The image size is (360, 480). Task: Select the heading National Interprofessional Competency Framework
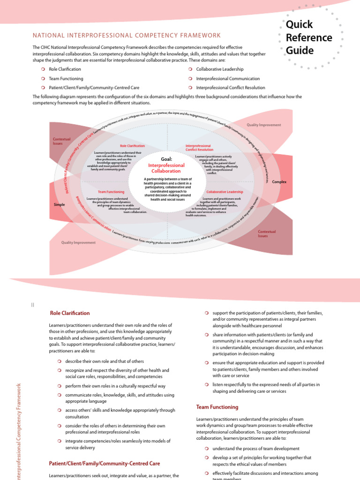pyautogui.click(x=126, y=36)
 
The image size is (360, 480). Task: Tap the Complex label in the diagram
pyautogui.click(x=279, y=182)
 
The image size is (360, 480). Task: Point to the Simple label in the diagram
pyautogui.click(x=60, y=205)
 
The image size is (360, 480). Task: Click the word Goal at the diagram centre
pyautogui.click(x=166, y=159)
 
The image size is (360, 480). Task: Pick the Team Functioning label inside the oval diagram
pyautogui.click(x=111, y=192)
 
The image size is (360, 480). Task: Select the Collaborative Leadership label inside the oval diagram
pyautogui.click(x=225, y=192)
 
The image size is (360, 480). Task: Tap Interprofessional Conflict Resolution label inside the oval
pyautogui.click(x=198, y=148)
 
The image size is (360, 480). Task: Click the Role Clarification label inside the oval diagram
pyautogui.click(x=133, y=146)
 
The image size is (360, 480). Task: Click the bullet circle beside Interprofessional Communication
pyautogui.click(x=190, y=79)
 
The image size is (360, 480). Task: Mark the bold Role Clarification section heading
pyautogui.click(x=69, y=313)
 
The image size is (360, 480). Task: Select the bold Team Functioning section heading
pyautogui.click(x=217, y=407)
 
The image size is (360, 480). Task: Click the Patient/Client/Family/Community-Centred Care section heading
pyautogui.click(x=105, y=464)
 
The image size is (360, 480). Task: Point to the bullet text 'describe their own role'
pyautogui.click(x=105, y=361)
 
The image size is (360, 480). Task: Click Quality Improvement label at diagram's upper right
pyautogui.click(x=264, y=125)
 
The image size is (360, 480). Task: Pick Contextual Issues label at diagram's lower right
pyautogui.click(x=267, y=234)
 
